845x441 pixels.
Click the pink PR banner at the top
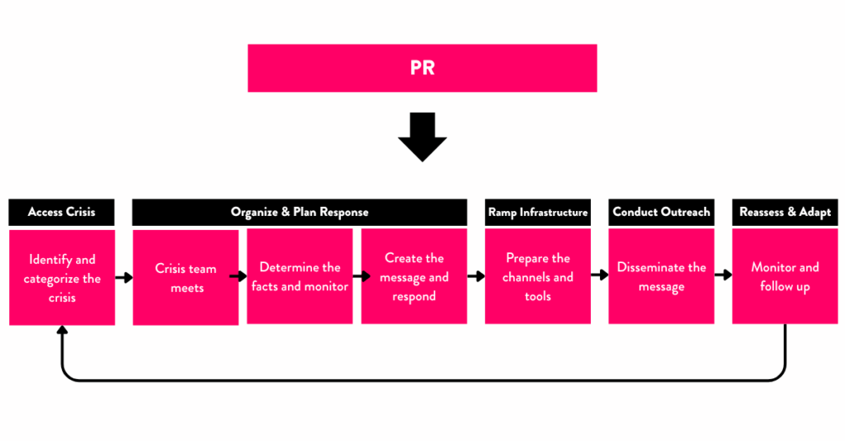click(422, 68)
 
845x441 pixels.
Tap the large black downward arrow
click(422, 137)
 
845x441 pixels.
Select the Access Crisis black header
click(62, 212)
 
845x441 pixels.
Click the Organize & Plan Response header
click(300, 212)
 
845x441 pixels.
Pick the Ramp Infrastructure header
click(537, 212)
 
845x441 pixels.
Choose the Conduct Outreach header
click(661, 212)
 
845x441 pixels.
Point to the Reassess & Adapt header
click(785, 212)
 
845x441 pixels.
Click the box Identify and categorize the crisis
click(62, 277)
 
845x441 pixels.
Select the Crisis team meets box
click(186, 277)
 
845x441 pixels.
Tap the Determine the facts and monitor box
click(300, 277)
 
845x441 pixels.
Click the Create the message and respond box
click(413, 277)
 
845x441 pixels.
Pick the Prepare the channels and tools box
click(537, 277)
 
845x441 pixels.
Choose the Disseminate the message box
click(661, 277)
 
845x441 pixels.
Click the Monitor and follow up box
click(785, 277)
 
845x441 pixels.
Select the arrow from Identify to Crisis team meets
click(124, 278)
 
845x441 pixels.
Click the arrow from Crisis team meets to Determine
click(238, 277)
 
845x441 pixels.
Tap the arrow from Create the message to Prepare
click(476, 277)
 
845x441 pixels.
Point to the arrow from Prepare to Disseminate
click(600, 275)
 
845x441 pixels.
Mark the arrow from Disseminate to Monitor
click(723, 275)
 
